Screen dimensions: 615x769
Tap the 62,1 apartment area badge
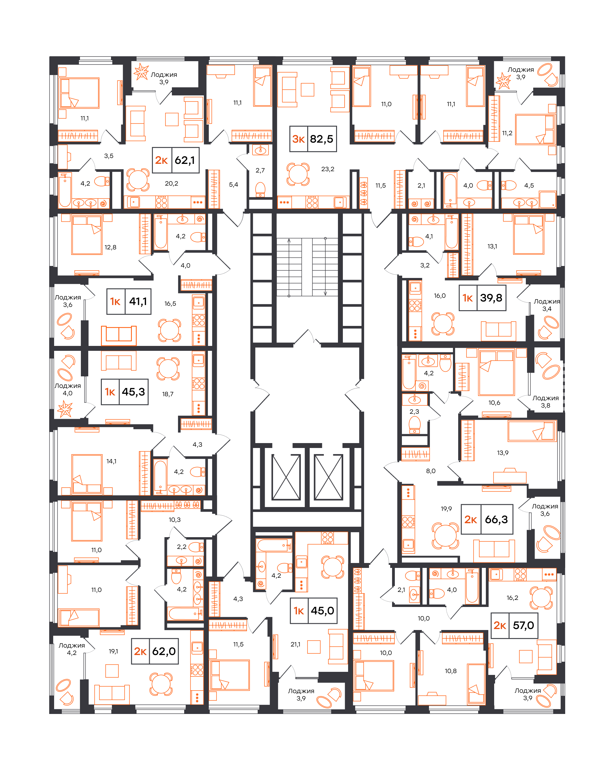[x=176, y=160]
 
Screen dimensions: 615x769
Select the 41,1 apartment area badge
[x=129, y=301]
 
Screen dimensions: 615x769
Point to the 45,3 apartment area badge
[x=125, y=392]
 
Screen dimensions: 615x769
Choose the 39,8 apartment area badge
[x=482, y=298]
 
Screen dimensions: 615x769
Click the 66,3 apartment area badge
[x=487, y=519]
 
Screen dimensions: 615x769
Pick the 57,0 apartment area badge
[x=514, y=625]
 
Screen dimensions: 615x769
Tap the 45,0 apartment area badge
[x=314, y=611]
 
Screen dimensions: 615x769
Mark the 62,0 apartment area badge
[x=155, y=651]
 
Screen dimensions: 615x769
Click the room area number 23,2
[x=328, y=169]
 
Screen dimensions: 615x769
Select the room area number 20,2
[x=172, y=183]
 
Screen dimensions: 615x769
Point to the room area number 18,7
[x=168, y=394]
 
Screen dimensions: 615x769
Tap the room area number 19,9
[x=446, y=509]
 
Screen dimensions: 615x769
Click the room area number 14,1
[x=111, y=461]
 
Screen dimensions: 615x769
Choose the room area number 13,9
[x=503, y=453]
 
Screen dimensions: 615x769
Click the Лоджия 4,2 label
[x=72, y=649]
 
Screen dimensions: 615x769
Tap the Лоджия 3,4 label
[x=547, y=305]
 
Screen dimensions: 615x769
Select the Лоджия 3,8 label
[x=546, y=402]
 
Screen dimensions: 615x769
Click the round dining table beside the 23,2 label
[x=298, y=174]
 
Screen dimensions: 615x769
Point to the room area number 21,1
[x=296, y=644]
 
